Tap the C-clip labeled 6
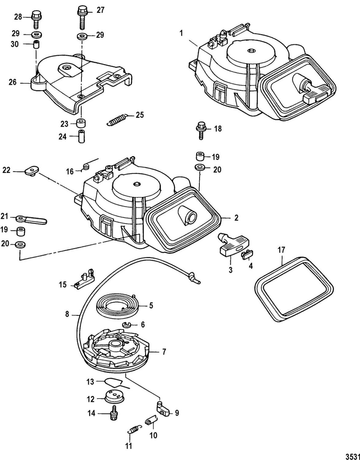coord(127,325)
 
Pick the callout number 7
coord(164,352)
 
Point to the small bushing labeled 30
coord(37,44)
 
